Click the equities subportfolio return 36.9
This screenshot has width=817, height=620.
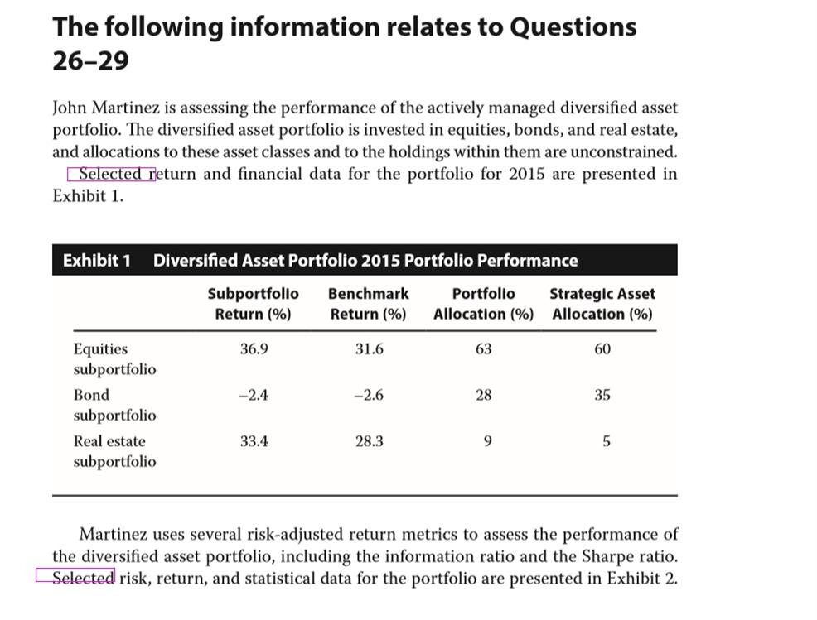point(254,348)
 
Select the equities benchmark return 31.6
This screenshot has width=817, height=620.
point(369,348)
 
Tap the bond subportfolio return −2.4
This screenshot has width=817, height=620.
point(254,395)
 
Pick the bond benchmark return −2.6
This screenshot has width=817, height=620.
point(369,395)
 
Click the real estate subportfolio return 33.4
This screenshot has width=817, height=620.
point(254,441)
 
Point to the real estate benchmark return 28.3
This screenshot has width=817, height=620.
point(369,441)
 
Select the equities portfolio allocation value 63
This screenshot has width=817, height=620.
point(484,348)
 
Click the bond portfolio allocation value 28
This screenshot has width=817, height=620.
point(484,395)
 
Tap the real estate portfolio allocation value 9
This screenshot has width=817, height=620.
point(488,441)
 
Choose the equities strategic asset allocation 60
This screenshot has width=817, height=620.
point(602,348)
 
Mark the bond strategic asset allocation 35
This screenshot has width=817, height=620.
point(602,395)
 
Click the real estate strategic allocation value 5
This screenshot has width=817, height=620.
point(607,441)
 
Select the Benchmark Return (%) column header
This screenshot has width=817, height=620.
point(369,304)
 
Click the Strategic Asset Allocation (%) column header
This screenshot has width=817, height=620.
point(602,304)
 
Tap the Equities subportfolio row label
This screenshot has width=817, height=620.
point(114,358)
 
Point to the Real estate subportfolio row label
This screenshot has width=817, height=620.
point(114,451)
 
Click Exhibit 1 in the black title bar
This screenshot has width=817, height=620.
point(97,260)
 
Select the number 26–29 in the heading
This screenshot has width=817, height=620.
point(90,61)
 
